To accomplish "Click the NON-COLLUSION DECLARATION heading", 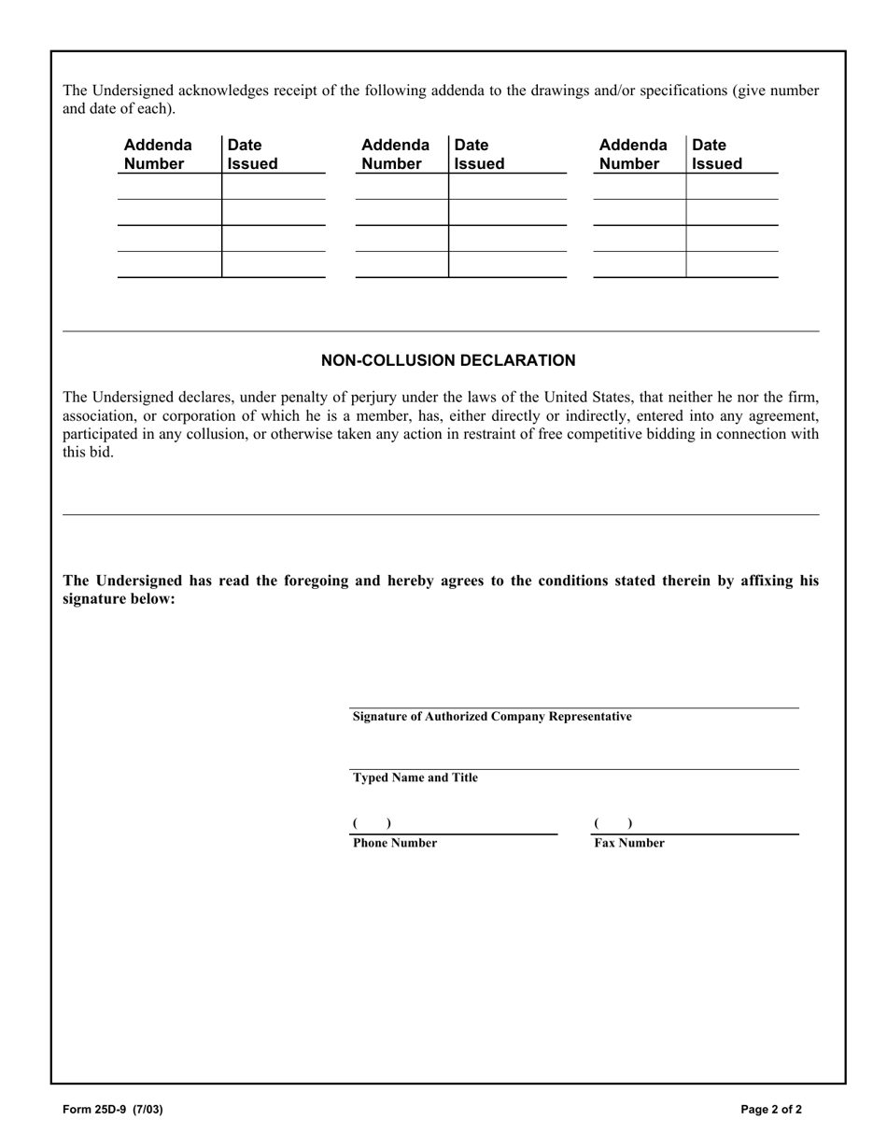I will click(448, 360).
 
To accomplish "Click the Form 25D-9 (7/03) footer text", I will click(106, 1110).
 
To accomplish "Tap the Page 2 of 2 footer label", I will click(771, 1110).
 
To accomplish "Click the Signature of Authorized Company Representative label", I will click(491, 717).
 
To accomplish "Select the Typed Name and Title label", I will click(415, 777).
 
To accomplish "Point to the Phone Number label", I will click(394, 843).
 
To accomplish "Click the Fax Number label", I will click(629, 843).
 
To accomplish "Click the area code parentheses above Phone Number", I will click(372, 823).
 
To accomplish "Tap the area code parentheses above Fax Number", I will click(612, 823).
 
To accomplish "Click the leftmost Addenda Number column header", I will click(158, 154).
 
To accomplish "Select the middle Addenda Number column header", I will click(395, 154).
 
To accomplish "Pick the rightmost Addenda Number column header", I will click(633, 154).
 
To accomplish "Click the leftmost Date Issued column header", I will click(252, 154).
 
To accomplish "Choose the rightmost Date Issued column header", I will click(717, 154).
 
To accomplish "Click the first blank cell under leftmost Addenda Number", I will click(169, 187).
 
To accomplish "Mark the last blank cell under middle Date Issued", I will click(507, 265).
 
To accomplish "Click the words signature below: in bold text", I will click(119, 598).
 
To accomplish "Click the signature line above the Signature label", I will click(573, 707).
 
